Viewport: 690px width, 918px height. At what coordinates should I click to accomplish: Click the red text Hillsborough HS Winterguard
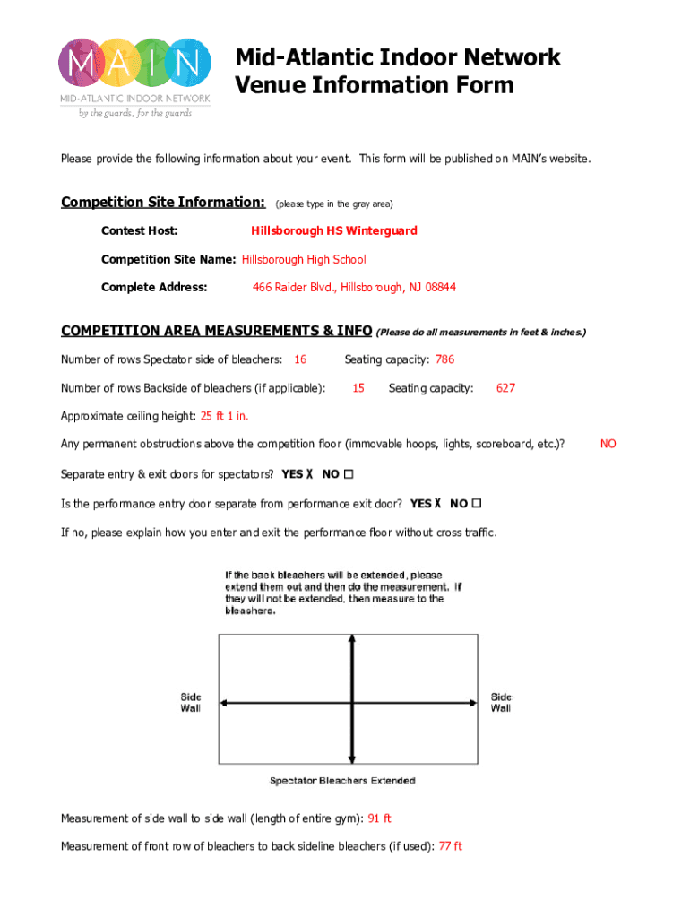(x=333, y=230)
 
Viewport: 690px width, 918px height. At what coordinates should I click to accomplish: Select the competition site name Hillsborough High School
(x=304, y=259)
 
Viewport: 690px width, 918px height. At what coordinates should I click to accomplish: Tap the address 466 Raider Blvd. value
(x=354, y=288)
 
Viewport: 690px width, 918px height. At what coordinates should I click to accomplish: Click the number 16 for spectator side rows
(x=300, y=359)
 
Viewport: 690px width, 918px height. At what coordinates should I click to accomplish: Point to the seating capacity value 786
(x=444, y=359)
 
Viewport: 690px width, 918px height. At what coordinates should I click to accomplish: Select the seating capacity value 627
(x=505, y=388)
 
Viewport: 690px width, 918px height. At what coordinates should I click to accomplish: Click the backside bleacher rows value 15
(x=358, y=388)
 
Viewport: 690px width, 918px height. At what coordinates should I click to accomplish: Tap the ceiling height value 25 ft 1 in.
(x=224, y=416)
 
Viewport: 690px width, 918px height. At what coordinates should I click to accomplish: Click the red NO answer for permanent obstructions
(x=608, y=444)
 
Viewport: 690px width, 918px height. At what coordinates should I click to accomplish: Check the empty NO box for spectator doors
(x=349, y=474)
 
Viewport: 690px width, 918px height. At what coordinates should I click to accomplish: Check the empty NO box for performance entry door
(x=477, y=503)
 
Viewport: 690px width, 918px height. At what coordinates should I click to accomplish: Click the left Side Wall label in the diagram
(x=191, y=702)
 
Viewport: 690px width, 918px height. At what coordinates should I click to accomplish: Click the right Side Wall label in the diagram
(x=500, y=702)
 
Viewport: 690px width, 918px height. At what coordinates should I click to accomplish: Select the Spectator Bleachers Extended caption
(x=342, y=780)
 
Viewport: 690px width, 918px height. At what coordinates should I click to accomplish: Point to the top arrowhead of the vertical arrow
(x=356, y=639)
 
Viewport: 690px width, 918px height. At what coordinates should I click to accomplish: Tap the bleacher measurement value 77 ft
(x=450, y=846)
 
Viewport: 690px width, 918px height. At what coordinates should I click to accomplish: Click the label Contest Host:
(x=139, y=230)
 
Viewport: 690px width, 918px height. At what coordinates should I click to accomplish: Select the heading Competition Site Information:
(x=162, y=202)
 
